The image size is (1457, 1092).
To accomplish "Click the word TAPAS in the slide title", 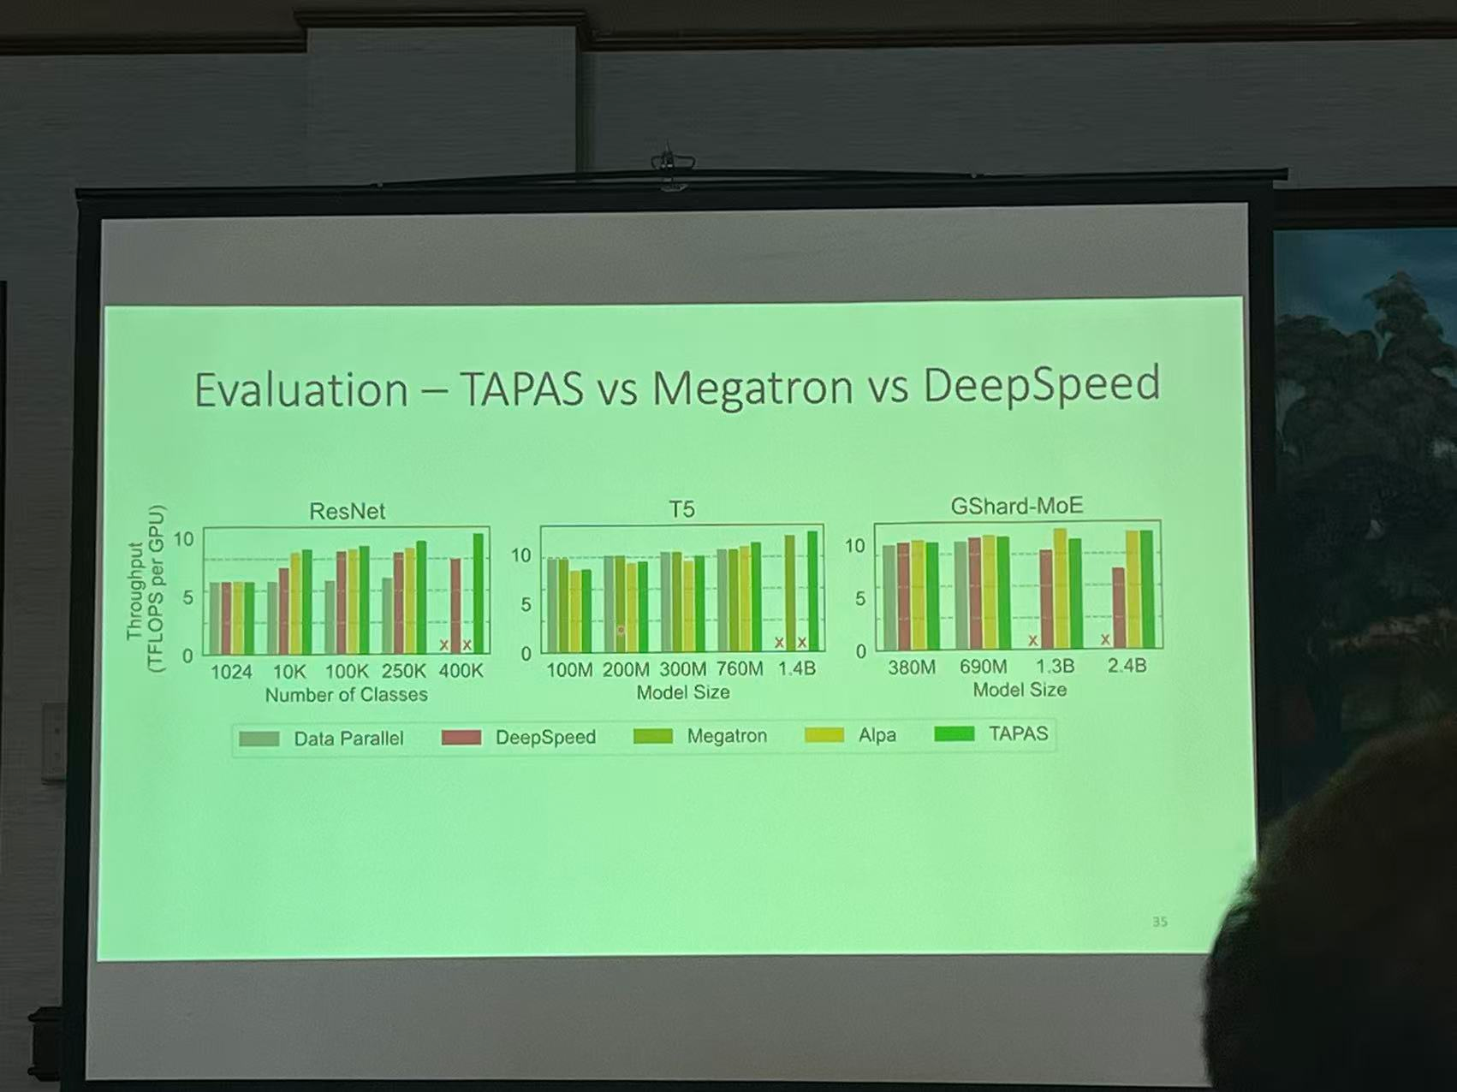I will point(522,389).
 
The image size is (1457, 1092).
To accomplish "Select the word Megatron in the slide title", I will point(752,387).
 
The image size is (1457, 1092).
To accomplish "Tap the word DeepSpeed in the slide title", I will point(1041,384).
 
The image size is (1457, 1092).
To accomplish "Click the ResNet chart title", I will point(347,511).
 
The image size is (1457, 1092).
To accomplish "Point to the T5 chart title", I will point(681,509).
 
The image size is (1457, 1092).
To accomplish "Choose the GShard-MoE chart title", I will point(1016,506).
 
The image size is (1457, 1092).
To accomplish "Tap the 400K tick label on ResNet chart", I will point(461,671).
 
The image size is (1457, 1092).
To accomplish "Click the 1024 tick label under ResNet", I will point(231,672).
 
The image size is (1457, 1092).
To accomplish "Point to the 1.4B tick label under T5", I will point(796,668).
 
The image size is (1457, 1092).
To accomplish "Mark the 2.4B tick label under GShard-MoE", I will point(1126,665).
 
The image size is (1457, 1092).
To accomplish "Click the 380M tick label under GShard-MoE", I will point(911,667).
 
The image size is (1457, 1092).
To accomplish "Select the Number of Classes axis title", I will point(346,695).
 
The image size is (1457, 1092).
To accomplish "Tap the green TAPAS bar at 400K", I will point(479,593).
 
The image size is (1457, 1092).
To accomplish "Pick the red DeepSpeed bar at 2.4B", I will point(1118,607).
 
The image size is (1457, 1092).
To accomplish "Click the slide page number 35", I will point(1159,922).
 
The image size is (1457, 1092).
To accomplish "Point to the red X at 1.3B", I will point(1033,640).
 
